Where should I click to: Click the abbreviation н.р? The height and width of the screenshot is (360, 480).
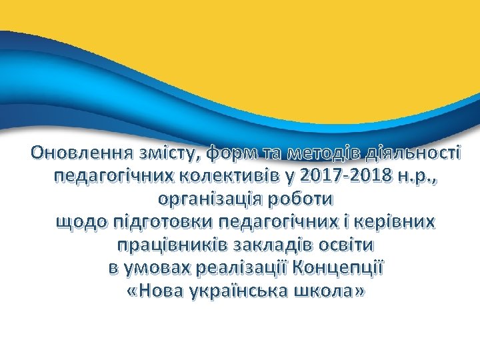pos(412,176)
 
